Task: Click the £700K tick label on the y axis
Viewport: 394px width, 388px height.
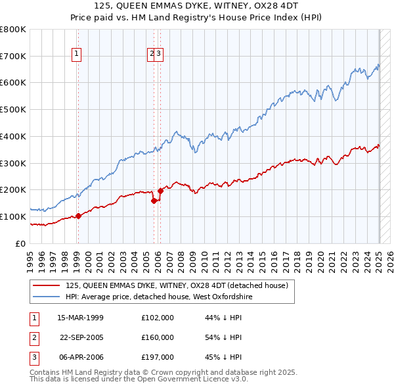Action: pyautogui.click(x=13, y=57)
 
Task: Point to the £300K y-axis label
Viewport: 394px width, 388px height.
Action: pyautogui.click(x=13, y=163)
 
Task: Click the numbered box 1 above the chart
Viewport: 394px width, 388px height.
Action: pyautogui.click(x=77, y=54)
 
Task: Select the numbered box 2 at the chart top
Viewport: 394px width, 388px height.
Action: pyautogui.click(x=152, y=54)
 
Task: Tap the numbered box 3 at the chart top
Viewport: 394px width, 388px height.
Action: pyautogui.click(x=160, y=54)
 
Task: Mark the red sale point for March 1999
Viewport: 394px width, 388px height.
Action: pyautogui.click(x=78, y=215)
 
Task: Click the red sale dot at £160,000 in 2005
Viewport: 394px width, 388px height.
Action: pyautogui.click(x=154, y=201)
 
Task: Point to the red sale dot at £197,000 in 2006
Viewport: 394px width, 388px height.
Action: pyautogui.click(x=160, y=191)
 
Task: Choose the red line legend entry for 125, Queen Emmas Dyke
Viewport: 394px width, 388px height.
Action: pyautogui.click(x=177, y=285)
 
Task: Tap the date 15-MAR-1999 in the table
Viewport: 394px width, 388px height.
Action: pyautogui.click(x=81, y=318)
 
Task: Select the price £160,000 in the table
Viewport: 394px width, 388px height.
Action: pyautogui.click(x=158, y=337)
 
